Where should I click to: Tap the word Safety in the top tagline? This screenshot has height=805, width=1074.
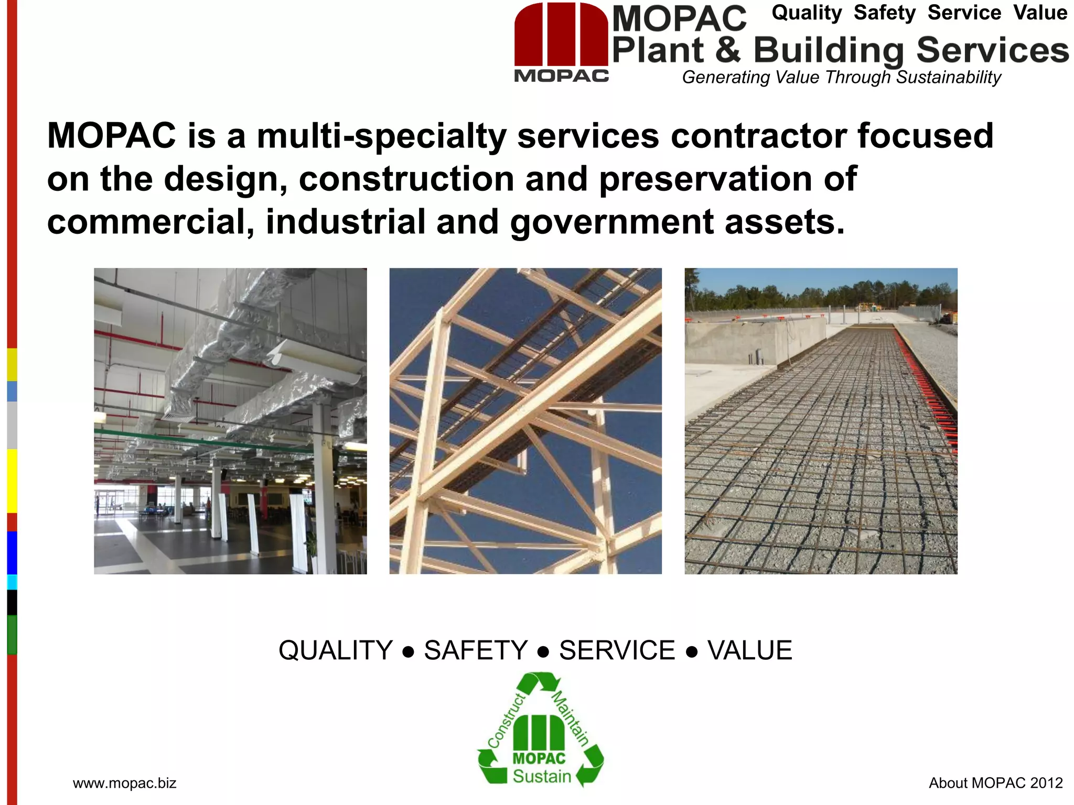(884, 13)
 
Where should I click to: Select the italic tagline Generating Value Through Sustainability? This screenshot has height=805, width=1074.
(841, 77)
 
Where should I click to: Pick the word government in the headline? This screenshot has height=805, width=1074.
(611, 222)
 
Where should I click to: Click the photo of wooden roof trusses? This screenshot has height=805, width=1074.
(525, 421)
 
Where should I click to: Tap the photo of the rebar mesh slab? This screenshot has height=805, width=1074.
(821, 421)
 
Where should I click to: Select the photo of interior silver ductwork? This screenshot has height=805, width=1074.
(230, 421)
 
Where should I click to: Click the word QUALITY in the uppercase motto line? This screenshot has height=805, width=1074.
(336, 650)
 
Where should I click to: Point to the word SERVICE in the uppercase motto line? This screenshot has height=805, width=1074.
(617, 650)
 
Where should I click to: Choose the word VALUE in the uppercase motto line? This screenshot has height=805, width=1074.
(750, 650)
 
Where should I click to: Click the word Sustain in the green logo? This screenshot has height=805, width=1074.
(542, 776)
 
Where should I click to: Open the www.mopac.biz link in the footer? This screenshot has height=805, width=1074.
(124, 783)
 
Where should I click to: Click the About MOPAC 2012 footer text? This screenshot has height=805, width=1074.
(995, 783)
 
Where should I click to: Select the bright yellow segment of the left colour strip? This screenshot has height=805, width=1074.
(12, 481)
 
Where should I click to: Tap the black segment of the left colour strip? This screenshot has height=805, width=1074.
(12, 602)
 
